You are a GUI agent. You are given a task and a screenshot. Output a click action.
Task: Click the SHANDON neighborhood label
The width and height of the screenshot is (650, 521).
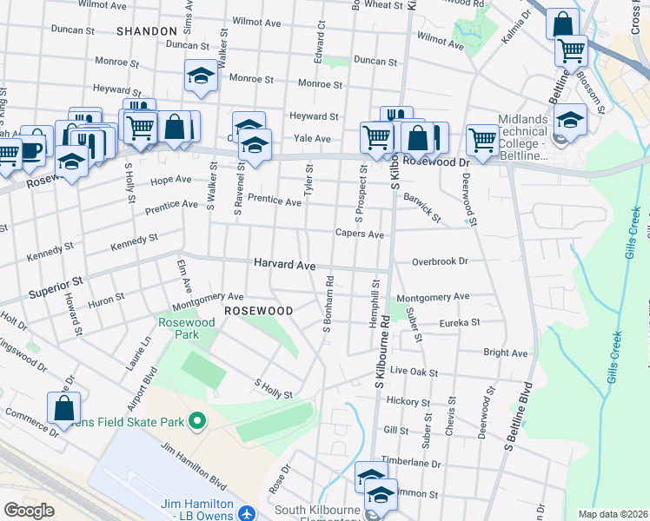146,31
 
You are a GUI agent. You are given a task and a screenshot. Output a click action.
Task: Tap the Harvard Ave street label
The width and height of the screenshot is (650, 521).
284,264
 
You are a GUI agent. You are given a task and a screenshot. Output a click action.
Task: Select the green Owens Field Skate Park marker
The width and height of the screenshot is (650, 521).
197,423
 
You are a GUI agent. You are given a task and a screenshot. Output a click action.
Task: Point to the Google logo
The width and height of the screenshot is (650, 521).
29,511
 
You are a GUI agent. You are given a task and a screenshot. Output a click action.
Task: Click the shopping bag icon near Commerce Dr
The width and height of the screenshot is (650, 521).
63,407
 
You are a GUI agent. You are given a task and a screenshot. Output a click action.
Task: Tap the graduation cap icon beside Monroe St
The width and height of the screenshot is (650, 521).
201,76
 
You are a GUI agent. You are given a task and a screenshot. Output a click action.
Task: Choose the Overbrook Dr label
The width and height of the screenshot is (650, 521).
440,260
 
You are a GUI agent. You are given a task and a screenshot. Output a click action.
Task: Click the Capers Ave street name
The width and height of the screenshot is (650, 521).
360,234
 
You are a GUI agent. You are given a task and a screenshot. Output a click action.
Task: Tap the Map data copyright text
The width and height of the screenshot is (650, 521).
612,514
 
